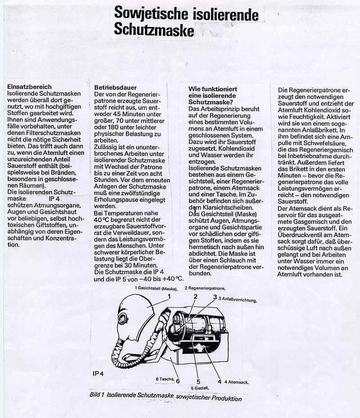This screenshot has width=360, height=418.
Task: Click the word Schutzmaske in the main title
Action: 153,30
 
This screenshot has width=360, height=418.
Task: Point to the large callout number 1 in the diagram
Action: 169,296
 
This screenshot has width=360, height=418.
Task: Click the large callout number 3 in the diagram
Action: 215,297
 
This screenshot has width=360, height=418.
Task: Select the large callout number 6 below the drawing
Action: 178,381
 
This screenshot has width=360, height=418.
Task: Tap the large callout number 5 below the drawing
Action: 198,382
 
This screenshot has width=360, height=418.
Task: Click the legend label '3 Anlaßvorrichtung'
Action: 238,299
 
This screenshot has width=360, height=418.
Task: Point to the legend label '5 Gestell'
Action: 198,388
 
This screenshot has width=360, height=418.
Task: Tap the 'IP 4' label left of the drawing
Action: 99,373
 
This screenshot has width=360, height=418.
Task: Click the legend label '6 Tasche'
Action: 165,379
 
